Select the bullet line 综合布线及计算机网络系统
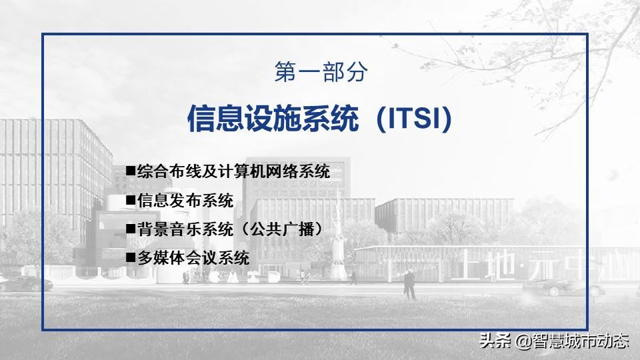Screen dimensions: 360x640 pos(233,172)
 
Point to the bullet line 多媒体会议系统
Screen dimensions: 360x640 pos(193,258)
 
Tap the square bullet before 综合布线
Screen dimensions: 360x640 pos(131,171)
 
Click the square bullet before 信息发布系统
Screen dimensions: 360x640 pos(131,200)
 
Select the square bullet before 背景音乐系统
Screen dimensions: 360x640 pos(131,229)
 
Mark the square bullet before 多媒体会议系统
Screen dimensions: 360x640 pos(131,257)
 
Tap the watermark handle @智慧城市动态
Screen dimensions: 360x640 pos(571,342)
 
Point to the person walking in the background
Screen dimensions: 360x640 pos(409,285)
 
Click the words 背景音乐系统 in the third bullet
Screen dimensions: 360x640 pos(185,229)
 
